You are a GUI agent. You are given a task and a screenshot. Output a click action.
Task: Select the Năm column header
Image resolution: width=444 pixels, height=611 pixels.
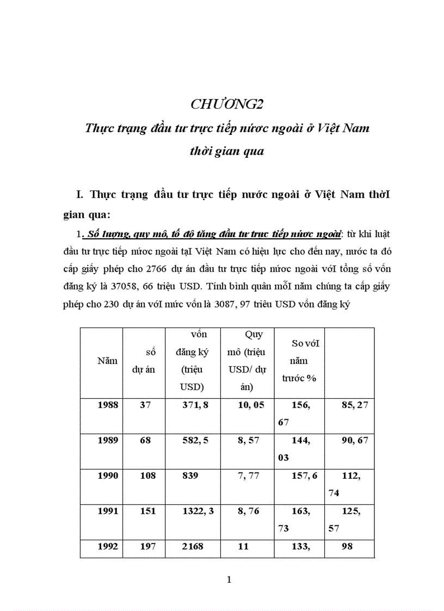[x=107, y=360]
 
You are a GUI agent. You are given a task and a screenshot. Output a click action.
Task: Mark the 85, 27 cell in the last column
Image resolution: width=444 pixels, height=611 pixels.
[x=354, y=405]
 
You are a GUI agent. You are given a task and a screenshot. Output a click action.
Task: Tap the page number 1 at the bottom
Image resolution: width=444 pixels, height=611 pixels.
[x=229, y=579]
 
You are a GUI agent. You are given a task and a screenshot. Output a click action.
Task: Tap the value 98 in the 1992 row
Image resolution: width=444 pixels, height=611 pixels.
[x=347, y=546]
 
